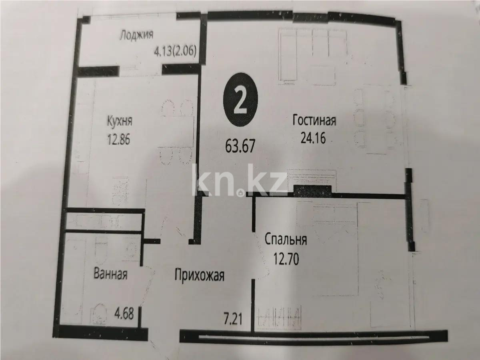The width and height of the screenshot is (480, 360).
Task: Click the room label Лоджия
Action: tap(136, 35)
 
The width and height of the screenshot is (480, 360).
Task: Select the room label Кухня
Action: tap(119, 121)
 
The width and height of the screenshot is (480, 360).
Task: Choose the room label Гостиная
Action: tap(314, 120)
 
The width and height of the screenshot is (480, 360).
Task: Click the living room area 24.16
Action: tap(314, 139)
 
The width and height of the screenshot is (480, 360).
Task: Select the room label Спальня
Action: tap(286, 241)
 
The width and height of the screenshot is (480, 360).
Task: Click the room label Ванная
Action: tap(110, 275)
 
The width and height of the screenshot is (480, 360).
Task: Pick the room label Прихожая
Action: tap(199, 275)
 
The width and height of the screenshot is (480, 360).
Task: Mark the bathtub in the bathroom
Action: tap(74, 276)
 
